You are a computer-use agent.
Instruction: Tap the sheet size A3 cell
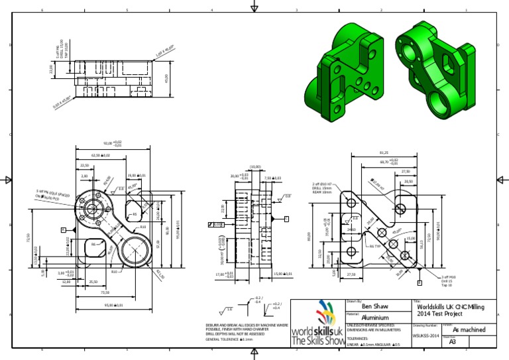point(453,343)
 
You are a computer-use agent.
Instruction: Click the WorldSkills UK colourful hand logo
point(319,314)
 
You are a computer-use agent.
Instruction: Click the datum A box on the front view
point(64,229)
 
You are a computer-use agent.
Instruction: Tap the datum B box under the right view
point(419,282)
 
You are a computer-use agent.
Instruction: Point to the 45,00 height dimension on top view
point(166,78)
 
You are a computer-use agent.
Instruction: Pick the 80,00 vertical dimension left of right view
point(309,236)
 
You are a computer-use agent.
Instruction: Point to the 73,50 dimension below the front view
point(105,292)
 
